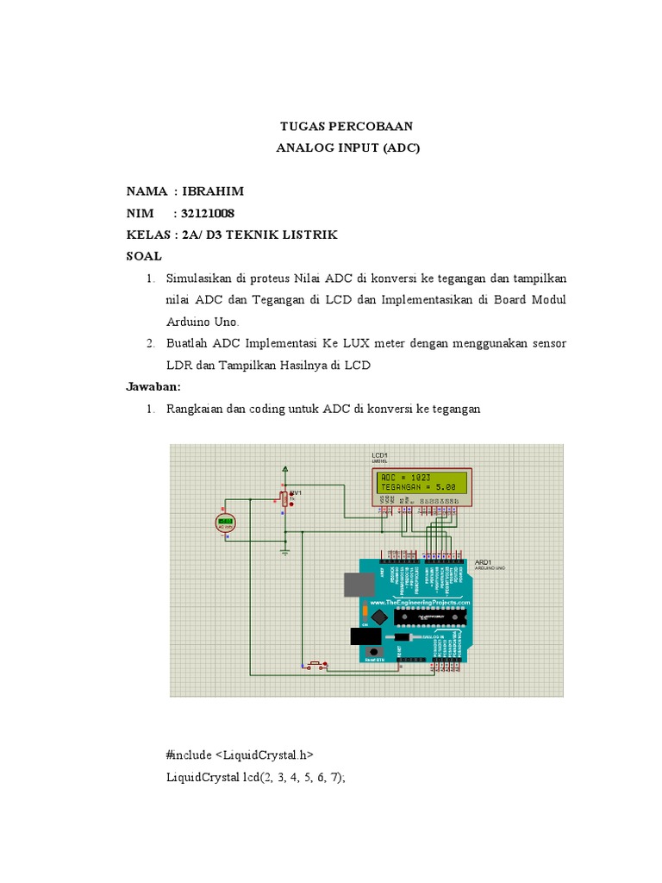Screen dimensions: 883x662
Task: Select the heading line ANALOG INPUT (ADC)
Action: pyautogui.click(x=347, y=147)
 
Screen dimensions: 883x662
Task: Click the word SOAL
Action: pyautogui.click(x=144, y=256)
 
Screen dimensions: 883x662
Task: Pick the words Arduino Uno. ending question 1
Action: pyautogui.click(x=197, y=321)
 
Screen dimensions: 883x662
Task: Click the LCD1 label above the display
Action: pyautogui.click(x=380, y=454)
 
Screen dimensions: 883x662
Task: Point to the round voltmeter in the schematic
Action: pyautogui.click(x=227, y=522)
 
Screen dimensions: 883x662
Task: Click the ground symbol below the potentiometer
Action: pyautogui.click(x=285, y=548)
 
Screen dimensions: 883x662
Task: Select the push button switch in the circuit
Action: pyautogui.click(x=315, y=664)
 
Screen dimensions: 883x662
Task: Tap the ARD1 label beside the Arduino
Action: pyautogui.click(x=483, y=561)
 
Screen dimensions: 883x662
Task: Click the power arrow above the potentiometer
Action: pyautogui.click(x=285, y=469)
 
